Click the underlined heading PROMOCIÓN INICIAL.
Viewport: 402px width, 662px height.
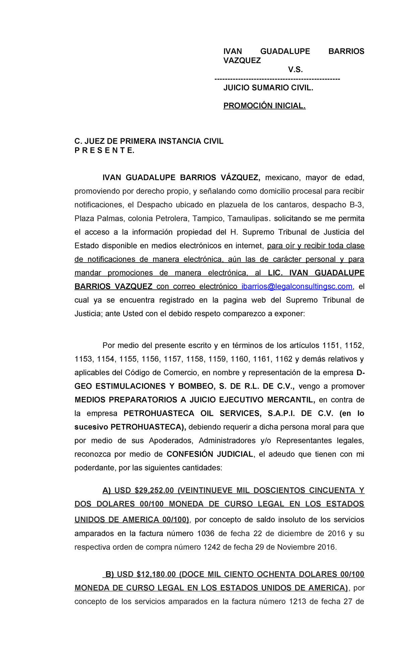coord(264,106)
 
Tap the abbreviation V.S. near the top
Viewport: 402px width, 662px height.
coord(295,70)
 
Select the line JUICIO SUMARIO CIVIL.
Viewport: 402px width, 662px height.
coord(268,88)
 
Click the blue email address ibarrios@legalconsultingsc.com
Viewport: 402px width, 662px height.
coord(297,286)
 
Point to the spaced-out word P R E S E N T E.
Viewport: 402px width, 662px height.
coord(104,150)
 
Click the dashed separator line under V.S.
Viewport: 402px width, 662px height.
coord(277,79)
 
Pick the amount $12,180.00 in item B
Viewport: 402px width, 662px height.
coord(156,574)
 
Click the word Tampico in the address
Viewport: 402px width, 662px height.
coord(210,218)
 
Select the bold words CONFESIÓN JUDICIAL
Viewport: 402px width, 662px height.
coord(210,454)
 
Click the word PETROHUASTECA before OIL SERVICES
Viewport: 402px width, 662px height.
coord(159,413)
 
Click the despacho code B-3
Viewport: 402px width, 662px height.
coord(356,205)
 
